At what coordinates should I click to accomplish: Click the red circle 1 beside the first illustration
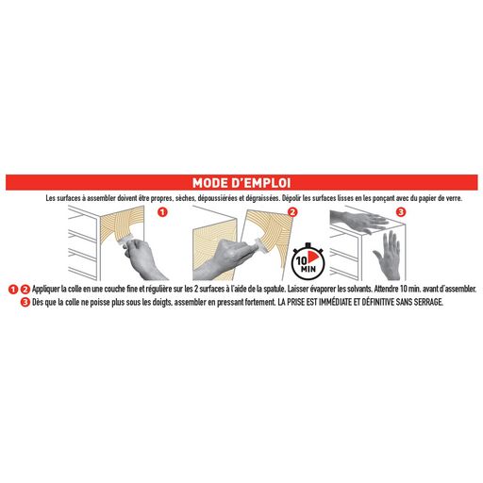pos(162,212)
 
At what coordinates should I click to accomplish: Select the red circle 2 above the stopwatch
pos(292,212)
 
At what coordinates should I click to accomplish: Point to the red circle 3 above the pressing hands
pos(401,212)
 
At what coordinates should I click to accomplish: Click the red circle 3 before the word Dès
pos(25,303)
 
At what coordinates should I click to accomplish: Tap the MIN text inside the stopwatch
pos(308,269)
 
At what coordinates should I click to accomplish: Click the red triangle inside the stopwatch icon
pos(312,257)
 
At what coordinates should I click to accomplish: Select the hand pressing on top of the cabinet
pos(358,221)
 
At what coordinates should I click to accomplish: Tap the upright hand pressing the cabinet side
pos(388,254)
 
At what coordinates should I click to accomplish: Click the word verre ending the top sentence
pos(454,199)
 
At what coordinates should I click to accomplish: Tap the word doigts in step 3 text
pos(162,303)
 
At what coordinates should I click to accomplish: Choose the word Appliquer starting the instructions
pos(45,289)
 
